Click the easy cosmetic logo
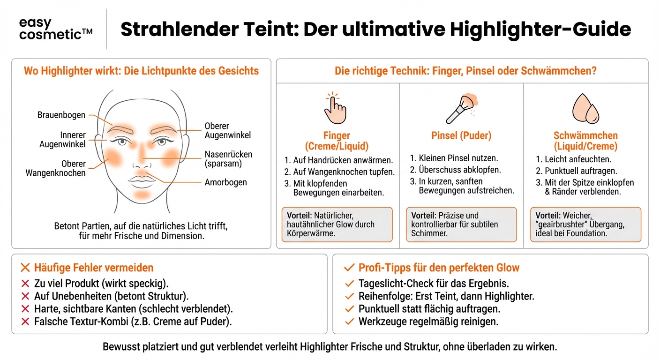pyautogui.click(x=56, y=29)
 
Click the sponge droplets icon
pyautogui.click(x=586, y=109)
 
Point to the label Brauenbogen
pyautogui.click(x=61, y=115)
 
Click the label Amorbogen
pyautogui.click(x=225, y=182)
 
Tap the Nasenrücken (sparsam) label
pyautogui.click(x=228, y=158)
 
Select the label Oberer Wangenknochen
pyautogui.click(x=56, y=168)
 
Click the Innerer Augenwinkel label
pyautogui.click(x=63, y=140)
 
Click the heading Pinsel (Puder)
pyautogui.click(x=461, y=136)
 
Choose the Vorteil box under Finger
pyautogui.click(x=337, y=225)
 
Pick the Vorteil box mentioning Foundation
pyautogui.click(x=585, y=225)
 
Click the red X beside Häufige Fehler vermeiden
pyautogui.click(x=25, y=268)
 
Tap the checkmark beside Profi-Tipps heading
pyautogui.click(x=349, y=268)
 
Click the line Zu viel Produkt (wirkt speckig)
pyautogui.click(x=101, y=284)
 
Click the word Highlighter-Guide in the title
pyautogui.click(x=540, y=30)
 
